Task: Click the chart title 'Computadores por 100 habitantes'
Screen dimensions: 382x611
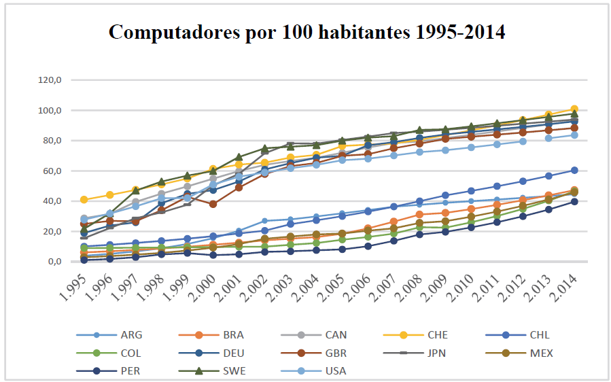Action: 307,32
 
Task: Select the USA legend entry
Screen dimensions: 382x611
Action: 332,371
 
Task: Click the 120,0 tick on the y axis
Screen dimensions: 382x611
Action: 50,80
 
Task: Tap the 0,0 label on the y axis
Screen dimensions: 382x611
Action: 54,262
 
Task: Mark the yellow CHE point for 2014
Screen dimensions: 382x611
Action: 574,109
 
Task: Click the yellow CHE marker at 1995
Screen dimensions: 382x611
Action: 84,200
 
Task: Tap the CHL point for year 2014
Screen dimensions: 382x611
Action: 574,170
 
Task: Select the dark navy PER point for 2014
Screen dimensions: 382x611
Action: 574,202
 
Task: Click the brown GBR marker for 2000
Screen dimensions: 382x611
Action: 213,204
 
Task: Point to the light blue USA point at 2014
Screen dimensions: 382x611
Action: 574,135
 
